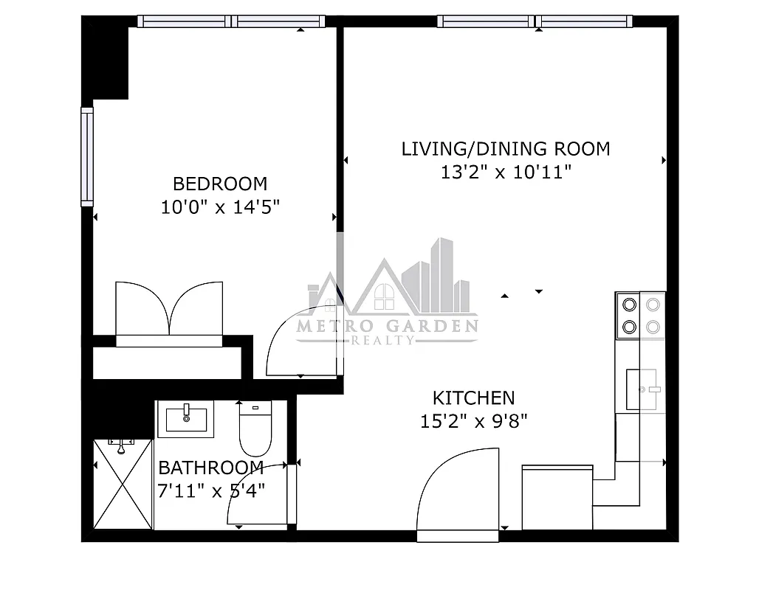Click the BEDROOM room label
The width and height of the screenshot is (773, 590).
(220, 184)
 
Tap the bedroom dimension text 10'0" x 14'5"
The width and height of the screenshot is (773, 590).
(220, 207)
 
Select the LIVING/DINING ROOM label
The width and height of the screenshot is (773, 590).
(506, 149)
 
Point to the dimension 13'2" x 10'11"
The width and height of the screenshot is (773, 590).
(506, 173)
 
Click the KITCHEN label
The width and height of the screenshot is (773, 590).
(473, 398)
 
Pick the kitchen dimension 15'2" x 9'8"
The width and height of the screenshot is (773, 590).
(473, 422)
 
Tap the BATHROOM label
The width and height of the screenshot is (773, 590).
(211, 468)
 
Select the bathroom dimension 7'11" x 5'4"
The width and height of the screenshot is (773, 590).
(211, 490)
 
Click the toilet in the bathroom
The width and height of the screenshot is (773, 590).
(255, 430)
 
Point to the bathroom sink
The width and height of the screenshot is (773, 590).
(185, 419)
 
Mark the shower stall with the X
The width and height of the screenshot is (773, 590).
(123, 484)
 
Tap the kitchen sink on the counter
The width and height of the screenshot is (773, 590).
(642, 389)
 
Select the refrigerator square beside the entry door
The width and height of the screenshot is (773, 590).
(557, 497)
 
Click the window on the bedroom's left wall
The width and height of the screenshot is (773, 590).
(87, 156)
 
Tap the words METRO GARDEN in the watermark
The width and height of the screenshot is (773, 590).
(387, 326)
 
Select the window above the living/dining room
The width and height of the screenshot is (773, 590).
(535, 21)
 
